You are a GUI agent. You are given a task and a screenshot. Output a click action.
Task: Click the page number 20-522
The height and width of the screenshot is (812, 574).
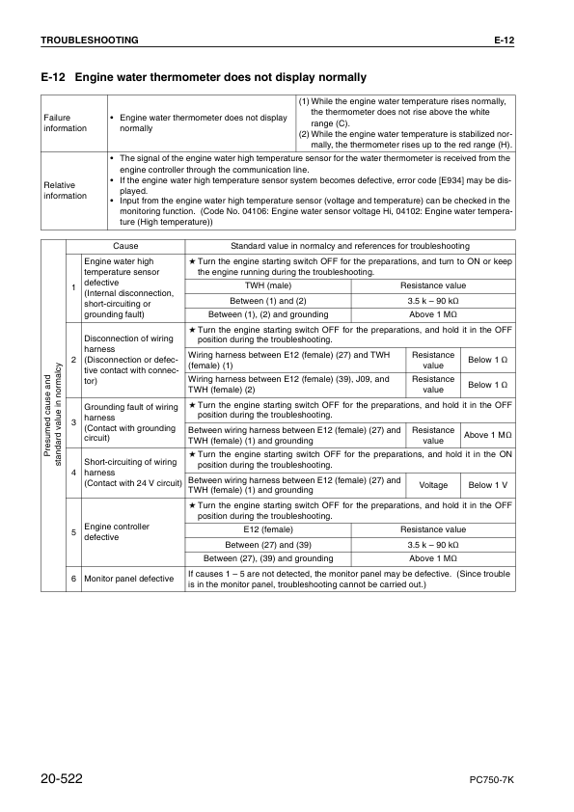(69, 777)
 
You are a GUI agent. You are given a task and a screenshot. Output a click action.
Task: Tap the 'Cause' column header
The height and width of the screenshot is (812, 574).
(125, 247)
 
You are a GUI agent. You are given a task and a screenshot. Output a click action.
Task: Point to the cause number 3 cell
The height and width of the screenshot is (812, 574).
(73, 421)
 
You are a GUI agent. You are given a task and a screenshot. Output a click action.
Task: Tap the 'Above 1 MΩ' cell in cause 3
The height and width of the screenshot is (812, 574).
(487, 435)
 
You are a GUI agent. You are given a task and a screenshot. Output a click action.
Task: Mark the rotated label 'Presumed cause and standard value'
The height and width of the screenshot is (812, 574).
(53, 415)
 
